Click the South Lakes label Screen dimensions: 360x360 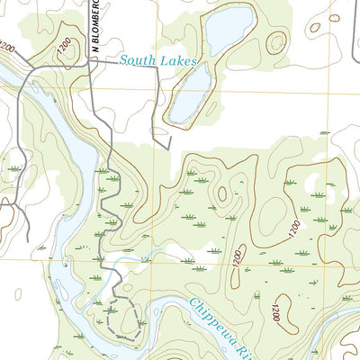157,61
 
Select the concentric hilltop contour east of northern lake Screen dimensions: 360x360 277,41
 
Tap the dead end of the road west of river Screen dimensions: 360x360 28,241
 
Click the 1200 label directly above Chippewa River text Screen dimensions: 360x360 236,261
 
